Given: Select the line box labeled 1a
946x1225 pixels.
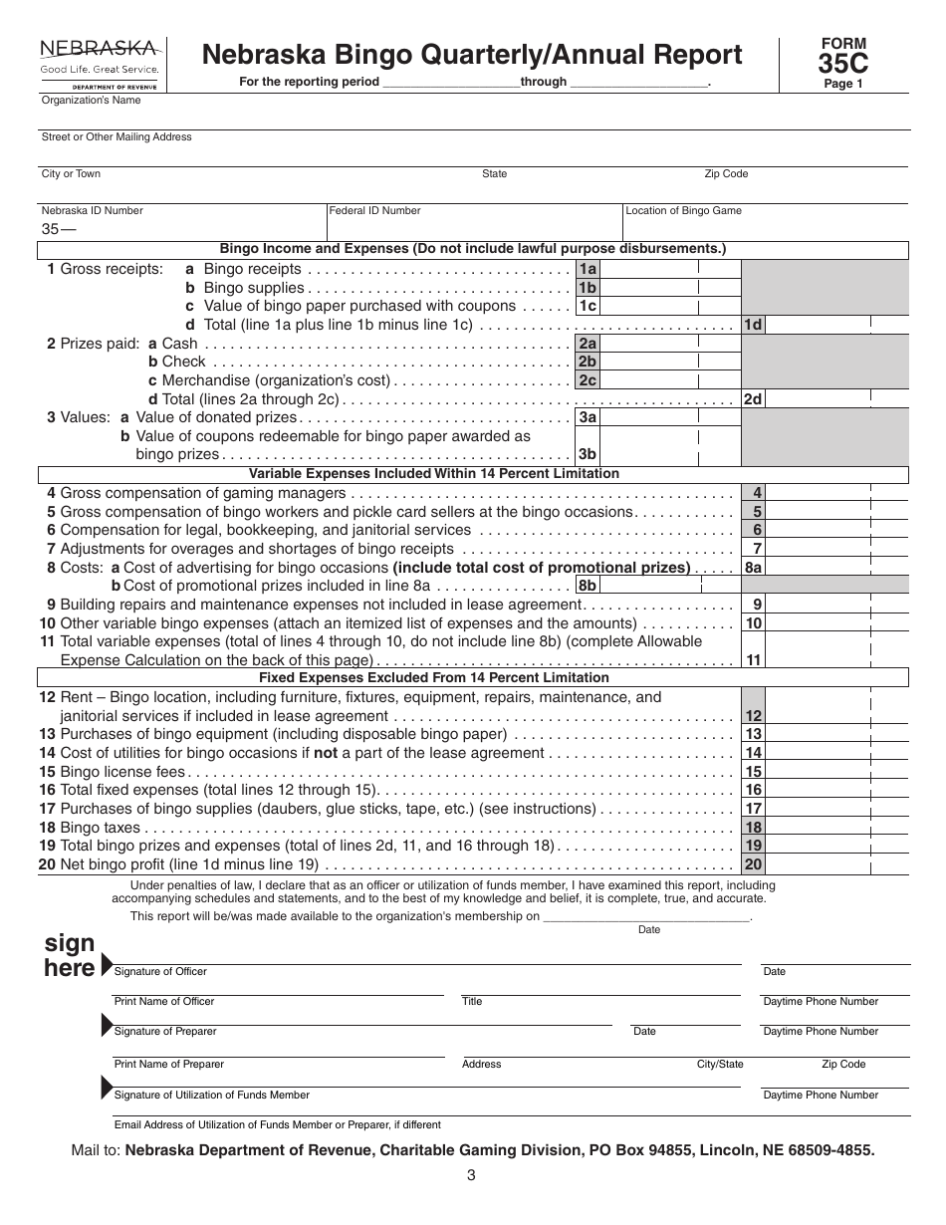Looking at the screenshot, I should click(x=589, y=269).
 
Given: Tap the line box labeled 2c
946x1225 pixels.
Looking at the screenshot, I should click(x=589, y=380).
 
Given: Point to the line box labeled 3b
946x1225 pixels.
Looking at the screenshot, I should click(x=589, y=454).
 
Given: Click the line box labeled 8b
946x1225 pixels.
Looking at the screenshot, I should click(x=589, y=586).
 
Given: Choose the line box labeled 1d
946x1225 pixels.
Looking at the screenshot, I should click(x=754, y=325).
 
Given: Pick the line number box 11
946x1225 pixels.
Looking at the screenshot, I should click(x=754, y=659).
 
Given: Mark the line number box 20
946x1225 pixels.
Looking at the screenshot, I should click(x=754, y=864).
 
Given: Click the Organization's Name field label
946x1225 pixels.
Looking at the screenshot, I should click(x=91, y=101).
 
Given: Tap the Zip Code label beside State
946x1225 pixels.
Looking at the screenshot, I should click(x=726, y=174).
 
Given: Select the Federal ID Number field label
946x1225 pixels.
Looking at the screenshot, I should click(x=375, y=211).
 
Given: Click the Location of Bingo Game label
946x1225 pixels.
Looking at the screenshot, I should click(x=683, y=211).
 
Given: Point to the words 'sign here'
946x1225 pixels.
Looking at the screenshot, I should click(x=70, y=955).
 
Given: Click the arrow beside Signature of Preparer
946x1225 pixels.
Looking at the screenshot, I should click(x=107, y=1026).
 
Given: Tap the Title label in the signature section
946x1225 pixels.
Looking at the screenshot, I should click(x=472, y=1002).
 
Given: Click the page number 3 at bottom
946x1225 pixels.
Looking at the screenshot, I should click(x=471, y=1175).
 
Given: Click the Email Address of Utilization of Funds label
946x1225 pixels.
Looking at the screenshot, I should click(x=277, y=1125).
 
